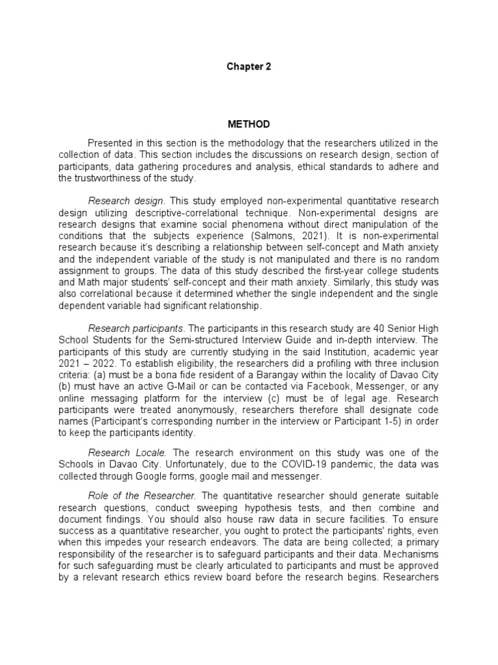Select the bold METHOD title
point(248,124)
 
